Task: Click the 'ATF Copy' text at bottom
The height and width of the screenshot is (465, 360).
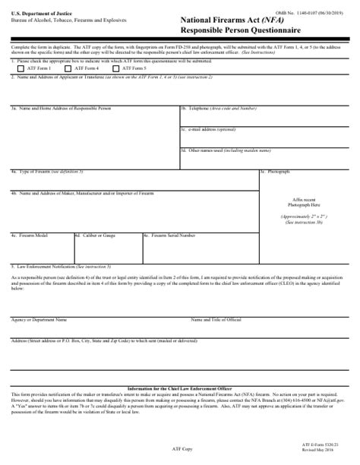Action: pyautogui.click(x=180, y=450)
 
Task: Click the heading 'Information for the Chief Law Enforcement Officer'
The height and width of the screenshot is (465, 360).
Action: pyautogui.click(x=180, y=389)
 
